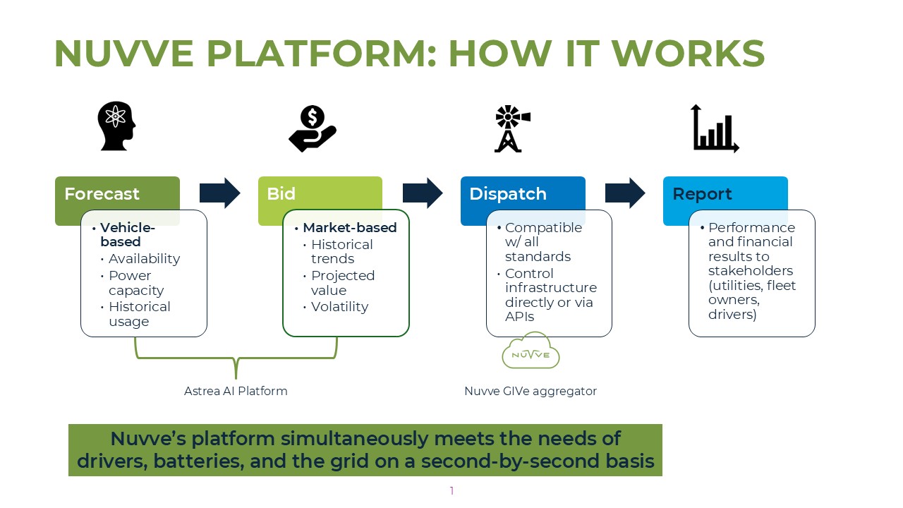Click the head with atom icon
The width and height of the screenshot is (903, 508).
[117, 126]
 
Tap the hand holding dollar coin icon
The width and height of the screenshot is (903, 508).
[313, 128]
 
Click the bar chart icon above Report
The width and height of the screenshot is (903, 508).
[715, 128]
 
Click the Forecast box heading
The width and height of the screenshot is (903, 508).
[102, 194]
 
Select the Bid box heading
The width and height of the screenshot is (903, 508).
[281, 194]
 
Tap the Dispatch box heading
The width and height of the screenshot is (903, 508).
[508, 194]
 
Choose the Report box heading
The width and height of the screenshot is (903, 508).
[702, 194]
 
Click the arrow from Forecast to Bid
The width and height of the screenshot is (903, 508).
[220, 193]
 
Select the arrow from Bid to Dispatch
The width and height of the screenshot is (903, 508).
[423, 193]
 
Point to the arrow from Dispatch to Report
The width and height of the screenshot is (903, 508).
[625, 193]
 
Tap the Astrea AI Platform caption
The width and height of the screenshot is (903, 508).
[236, 391]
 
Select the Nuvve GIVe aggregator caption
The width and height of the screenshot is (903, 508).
[531, 391]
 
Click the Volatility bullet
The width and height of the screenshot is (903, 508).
[339, 307]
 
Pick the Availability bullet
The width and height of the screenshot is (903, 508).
[144, 259]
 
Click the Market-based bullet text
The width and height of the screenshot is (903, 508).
[349, 228]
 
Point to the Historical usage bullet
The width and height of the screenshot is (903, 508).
[139, 314]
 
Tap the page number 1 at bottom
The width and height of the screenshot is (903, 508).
[451, 491]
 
